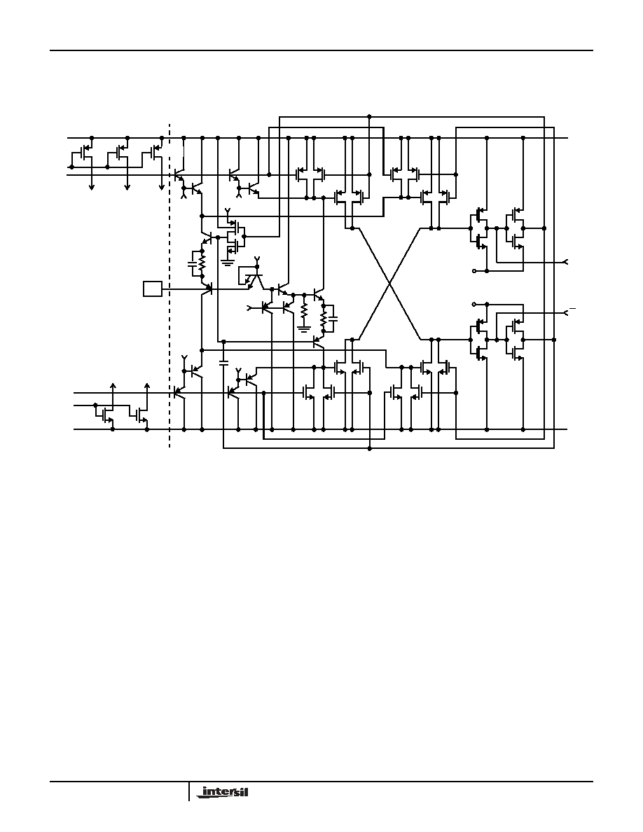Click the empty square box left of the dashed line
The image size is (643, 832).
point(152,289)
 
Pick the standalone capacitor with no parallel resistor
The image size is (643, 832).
point(223,363)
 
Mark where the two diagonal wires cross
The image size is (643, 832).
point(390,284)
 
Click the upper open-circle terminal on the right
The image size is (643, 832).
point(473,270)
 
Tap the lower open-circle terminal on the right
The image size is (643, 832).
point(473,305)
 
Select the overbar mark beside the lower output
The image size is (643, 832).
point(572,308)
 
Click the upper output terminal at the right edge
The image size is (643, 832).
point(565,262)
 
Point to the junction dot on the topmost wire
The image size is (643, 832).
point(369,116)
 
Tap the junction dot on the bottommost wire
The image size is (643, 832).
point(369,448)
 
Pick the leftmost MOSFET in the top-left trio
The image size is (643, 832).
point(82,153)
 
